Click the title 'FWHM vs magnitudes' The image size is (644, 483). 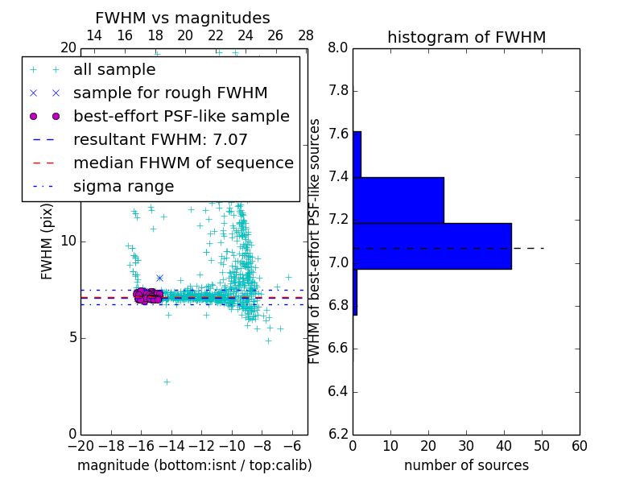(x=183, y=19)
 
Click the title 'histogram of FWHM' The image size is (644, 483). (x=466, y=38)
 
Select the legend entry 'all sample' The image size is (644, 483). (x=114, y=70)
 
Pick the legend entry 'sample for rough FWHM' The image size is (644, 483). (x=170, y=93)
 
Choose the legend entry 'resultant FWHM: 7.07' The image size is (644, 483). (x=160, y=140)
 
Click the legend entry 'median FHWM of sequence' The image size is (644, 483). (x=183, y=163)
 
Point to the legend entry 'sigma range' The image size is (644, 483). (x=123, y=187)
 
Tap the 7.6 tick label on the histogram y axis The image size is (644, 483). (x=338, y=134)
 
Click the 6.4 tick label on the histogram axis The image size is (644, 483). (x=338, y=392)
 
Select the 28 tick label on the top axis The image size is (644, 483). (x=306, y=35)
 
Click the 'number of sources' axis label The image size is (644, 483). (x=466, y=465)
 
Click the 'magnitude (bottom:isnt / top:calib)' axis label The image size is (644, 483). (x=194, y=465)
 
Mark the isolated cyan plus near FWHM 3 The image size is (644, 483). (x=167, y=382)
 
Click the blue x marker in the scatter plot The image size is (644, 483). (x=159, y=278)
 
